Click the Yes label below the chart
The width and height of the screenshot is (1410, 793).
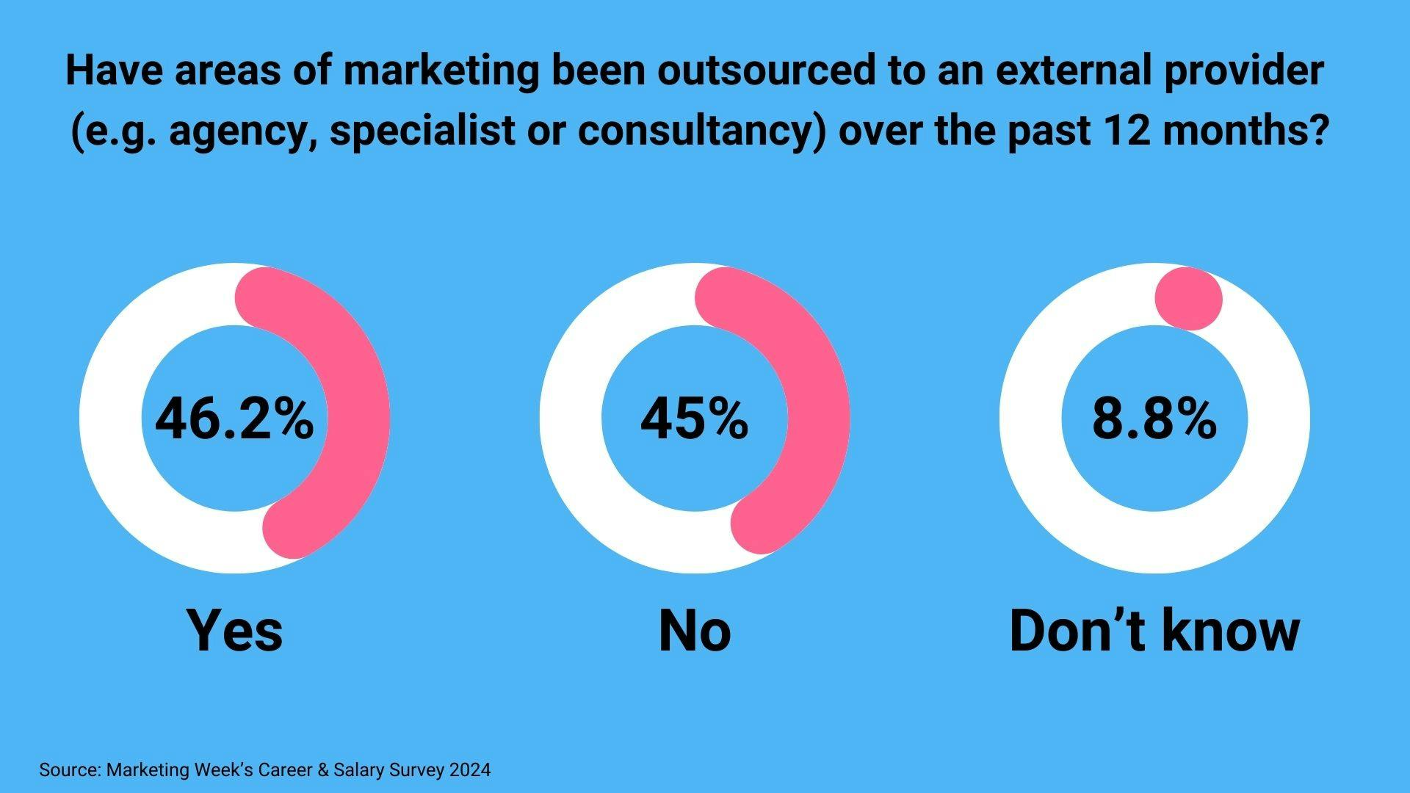tap(234, 630)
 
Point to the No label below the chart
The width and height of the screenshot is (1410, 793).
tap(694, 630)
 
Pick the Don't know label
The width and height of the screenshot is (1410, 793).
tap(1154, 630)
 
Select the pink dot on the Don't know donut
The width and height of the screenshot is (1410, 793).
tap(1188, 299)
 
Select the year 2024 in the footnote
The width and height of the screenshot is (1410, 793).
tap(470, 770)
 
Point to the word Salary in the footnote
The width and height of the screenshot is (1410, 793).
tap(359, 770)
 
